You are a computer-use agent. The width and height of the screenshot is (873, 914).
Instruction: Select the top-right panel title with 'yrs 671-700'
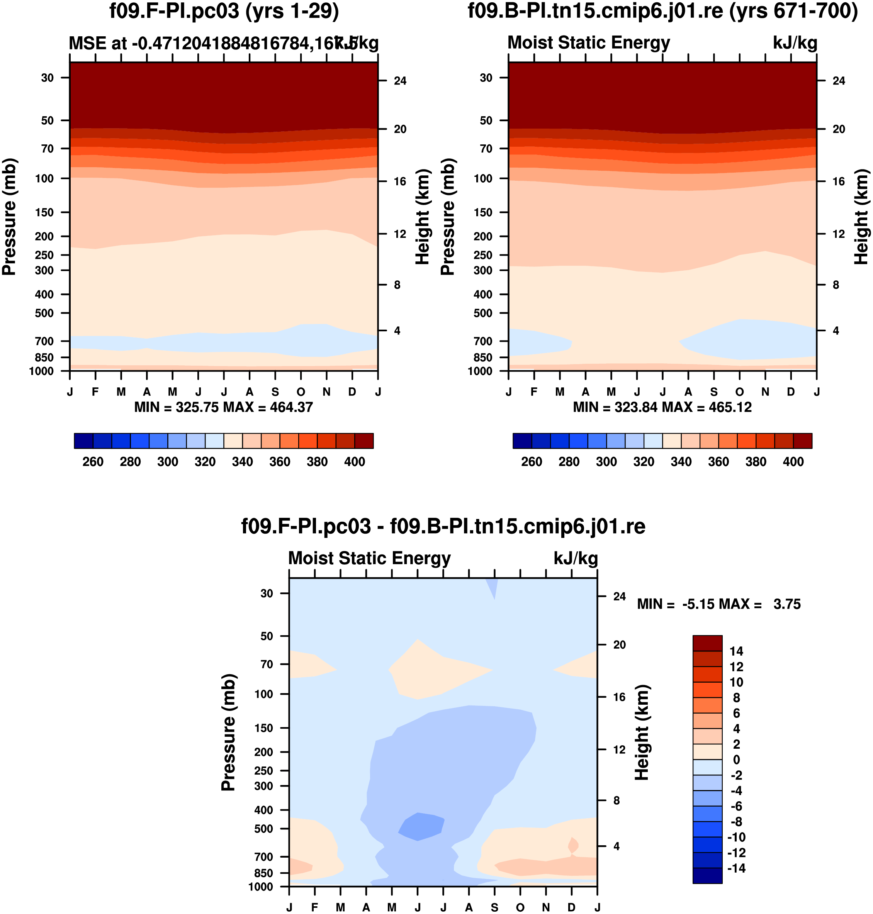(662, 11)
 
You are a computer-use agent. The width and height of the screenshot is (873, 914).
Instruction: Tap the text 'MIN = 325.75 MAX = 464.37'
(223, 407)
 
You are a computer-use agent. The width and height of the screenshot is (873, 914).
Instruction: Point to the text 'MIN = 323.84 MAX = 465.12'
(662, 407)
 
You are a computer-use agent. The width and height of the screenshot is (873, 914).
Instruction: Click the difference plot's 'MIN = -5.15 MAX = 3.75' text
(718, 604)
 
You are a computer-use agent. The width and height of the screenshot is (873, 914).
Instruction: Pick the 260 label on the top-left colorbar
(93, 462)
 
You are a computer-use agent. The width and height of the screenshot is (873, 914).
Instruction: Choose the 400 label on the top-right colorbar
(793, 462)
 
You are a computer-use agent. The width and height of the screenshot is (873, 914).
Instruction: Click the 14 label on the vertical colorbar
(736, 651)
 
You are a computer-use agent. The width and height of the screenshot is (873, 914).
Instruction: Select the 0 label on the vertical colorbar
(736, 760)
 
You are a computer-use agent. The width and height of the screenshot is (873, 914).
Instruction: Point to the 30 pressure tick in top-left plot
(48, 78)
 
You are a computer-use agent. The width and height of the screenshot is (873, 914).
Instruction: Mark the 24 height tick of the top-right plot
(839, 81)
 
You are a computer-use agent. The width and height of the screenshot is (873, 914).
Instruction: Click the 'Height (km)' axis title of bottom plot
(642, 733)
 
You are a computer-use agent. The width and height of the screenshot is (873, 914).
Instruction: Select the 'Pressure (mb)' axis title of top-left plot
(9, 217)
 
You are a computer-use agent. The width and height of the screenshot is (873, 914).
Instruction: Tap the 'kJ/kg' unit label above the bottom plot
(575, 558)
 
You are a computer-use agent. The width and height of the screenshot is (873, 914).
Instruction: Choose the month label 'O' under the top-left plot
(301, 392)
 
